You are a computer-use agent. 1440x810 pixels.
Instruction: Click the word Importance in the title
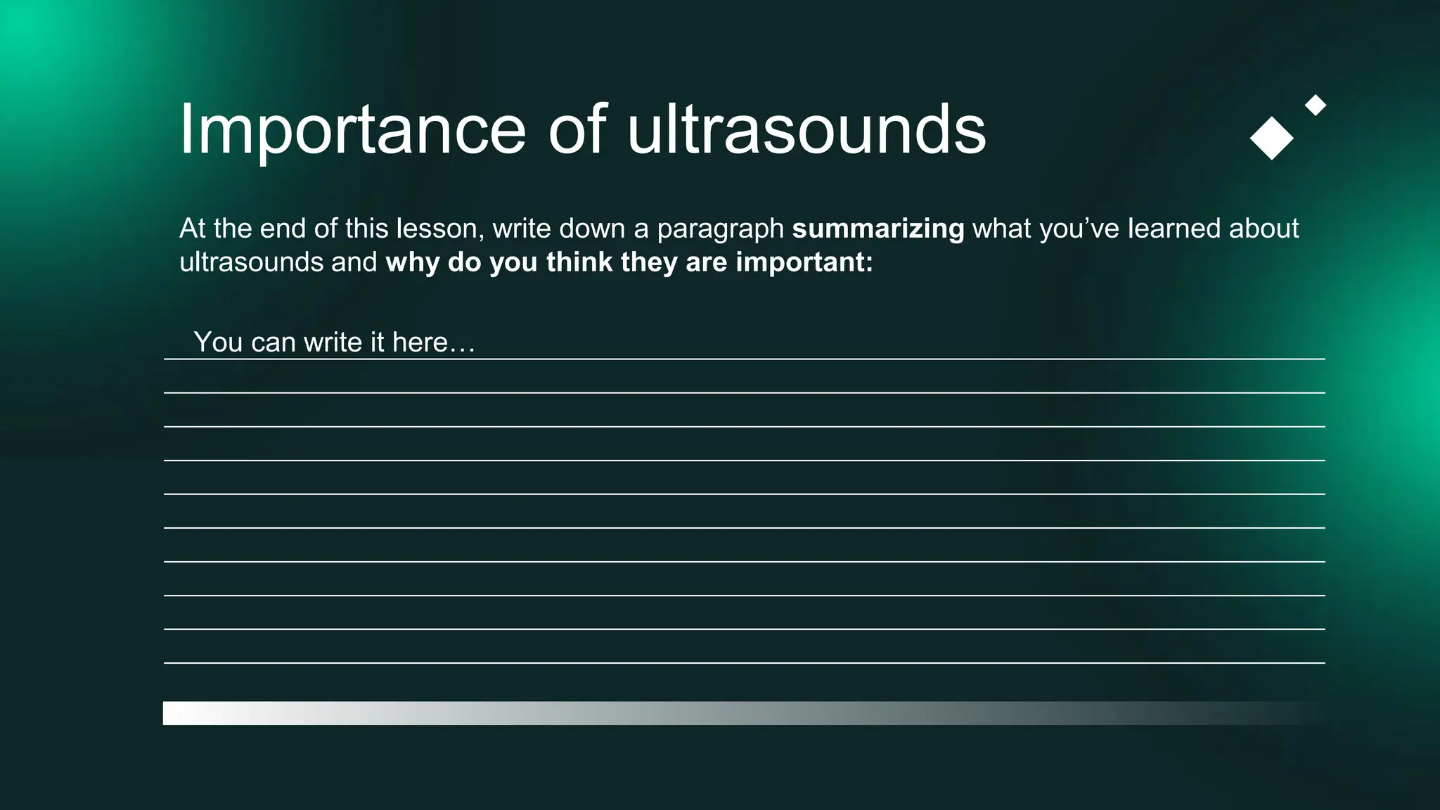click(352, 130)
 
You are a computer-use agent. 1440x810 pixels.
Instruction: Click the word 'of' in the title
click(577, 130)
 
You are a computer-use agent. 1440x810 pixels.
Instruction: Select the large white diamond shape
click(1271, 139)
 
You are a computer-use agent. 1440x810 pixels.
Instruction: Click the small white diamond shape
click(1315, 105)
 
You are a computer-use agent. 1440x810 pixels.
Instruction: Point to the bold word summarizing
click(877, 229)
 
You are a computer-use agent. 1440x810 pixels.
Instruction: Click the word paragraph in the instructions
click(720, 229)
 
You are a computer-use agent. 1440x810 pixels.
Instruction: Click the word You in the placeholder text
click(218, 342)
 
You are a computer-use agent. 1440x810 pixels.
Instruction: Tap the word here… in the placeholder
click(433, 342)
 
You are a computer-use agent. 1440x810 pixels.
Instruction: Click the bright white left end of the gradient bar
click(176, 713)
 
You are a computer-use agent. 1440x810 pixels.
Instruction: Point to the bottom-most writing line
click(744, 662)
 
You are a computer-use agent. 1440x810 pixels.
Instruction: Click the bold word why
click(412, 263)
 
